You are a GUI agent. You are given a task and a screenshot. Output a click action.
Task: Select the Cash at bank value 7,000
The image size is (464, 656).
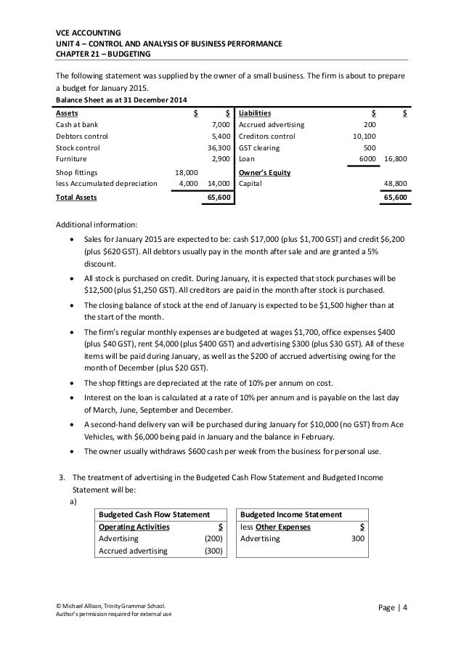pos(220,125)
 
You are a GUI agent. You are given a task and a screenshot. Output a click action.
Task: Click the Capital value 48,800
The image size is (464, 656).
pos(395,184)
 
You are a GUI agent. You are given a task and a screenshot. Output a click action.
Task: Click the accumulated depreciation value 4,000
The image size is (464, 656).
pos(189,184)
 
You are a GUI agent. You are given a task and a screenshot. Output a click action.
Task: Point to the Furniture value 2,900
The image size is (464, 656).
pos(220,157)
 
